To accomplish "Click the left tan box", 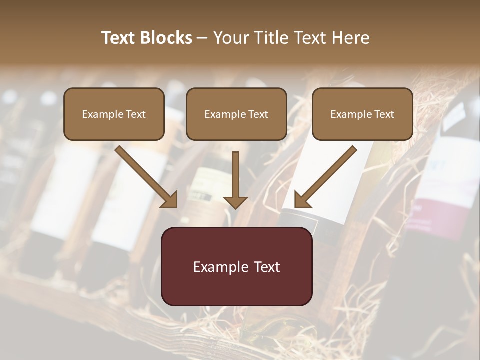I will [x=114, y=114].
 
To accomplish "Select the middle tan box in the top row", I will [x=236, y=114].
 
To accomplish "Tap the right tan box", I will [x=362, y=114].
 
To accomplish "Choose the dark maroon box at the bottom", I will [x=236, y=266].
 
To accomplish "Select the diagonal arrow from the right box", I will [x=327, y=175].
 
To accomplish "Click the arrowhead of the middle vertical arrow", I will [x=235, y=202].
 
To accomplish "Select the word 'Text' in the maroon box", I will [x=267, y=267].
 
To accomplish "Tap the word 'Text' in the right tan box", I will [x=384, y=114].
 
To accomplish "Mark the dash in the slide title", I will [x=202, y=38].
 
